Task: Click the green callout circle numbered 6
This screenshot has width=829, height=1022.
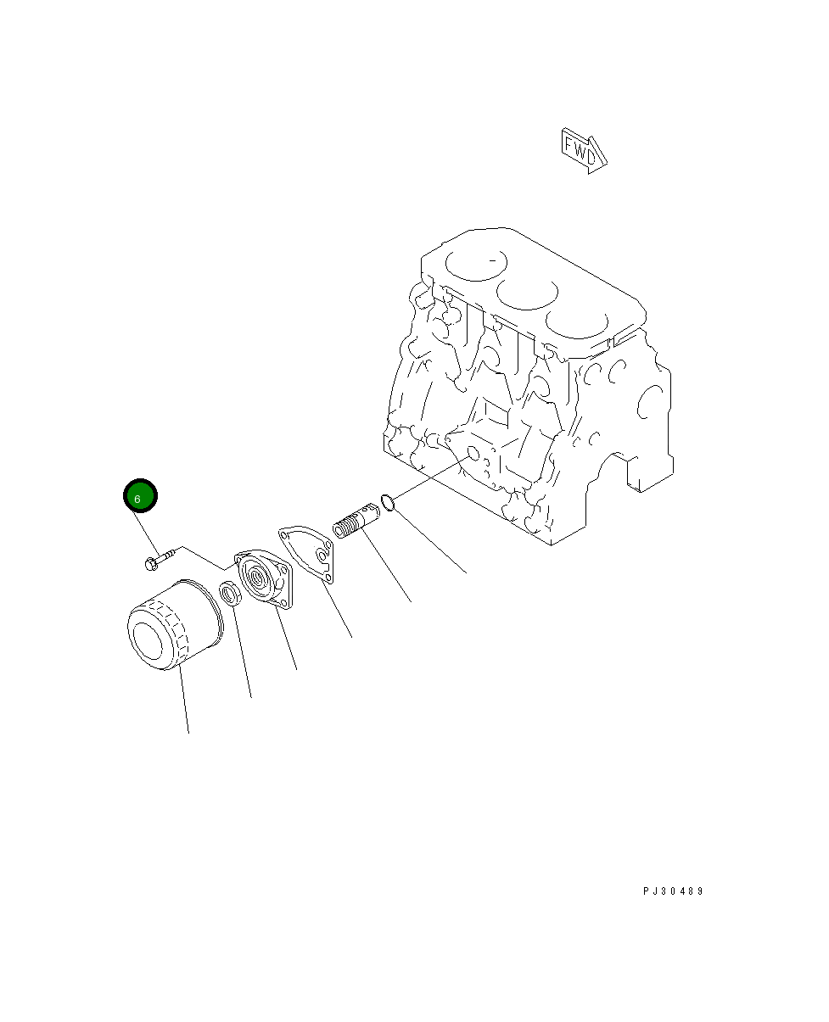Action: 140,495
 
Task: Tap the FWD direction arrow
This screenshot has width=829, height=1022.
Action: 583,151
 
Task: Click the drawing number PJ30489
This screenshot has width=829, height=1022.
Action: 673,891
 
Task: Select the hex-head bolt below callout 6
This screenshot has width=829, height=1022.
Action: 160,560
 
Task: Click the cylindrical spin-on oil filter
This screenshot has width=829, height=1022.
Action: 175,624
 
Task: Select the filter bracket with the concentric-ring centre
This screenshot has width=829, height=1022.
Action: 264,578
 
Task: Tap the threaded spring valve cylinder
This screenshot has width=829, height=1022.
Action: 356,520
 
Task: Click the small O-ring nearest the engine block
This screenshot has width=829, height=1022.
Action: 388,503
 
